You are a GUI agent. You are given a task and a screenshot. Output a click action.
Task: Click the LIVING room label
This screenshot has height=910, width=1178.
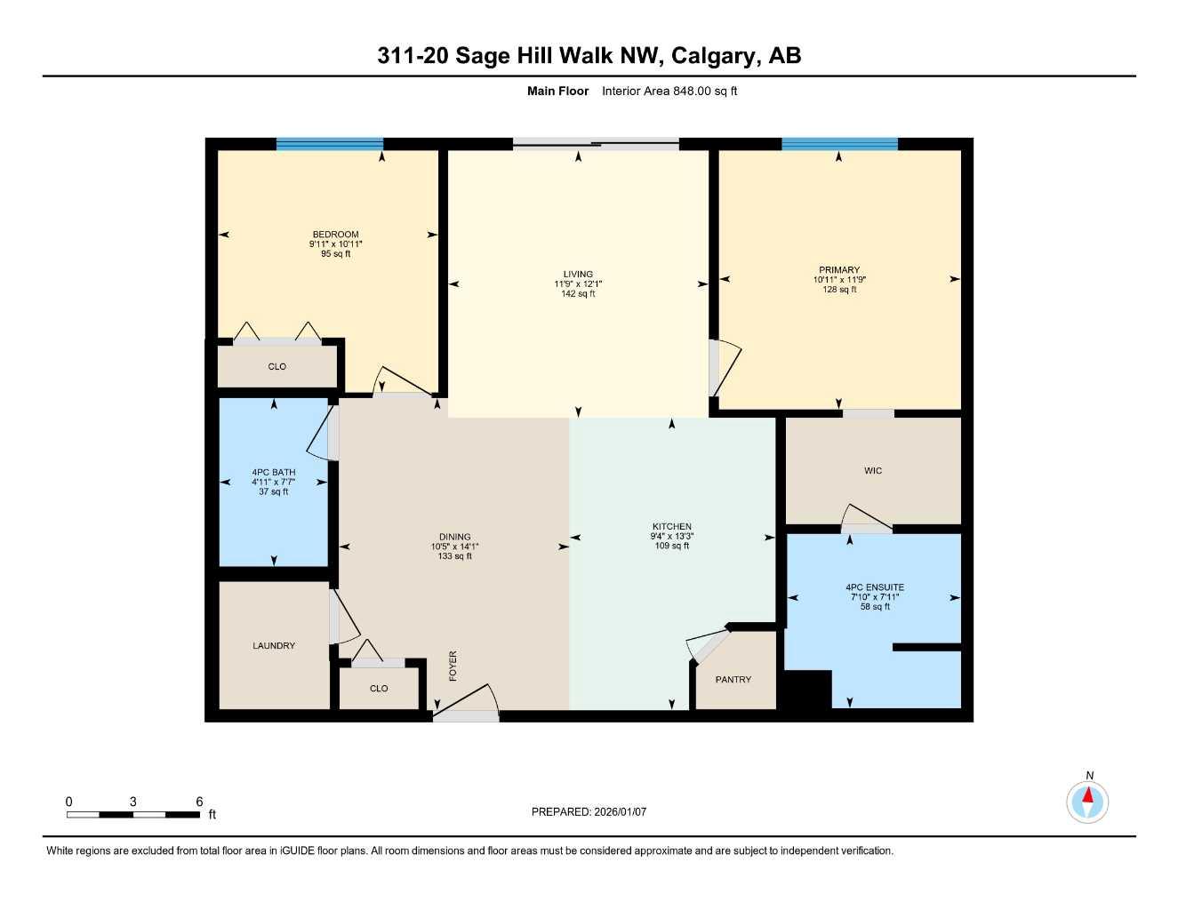(x=578, y=275)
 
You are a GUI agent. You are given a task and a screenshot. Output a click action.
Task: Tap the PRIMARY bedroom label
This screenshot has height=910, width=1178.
(x=839, y=270)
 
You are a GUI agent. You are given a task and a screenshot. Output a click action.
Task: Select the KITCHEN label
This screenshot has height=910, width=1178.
(x=671, y=527)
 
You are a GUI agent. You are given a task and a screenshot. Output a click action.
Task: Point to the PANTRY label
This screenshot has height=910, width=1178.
(x=733, y=680)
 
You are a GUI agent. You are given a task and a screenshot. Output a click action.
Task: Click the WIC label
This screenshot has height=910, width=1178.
(x=873, y=471)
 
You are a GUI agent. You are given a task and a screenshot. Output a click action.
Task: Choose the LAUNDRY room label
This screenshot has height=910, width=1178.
(x=274, y=646)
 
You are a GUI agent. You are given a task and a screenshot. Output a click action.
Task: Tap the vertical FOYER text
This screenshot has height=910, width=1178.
(x=453, y=666)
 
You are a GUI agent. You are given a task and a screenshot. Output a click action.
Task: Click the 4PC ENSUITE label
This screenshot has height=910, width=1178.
(x=875, y=587)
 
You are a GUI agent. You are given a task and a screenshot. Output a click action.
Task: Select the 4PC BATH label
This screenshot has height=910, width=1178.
(x=274, y=473)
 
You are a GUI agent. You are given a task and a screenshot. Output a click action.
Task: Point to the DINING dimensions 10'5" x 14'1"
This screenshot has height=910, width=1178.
(x=455, y=547)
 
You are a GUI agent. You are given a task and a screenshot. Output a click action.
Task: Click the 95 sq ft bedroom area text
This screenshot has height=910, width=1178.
(x=336, y=254)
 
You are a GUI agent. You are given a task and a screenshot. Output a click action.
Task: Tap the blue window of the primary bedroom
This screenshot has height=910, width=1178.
(x=839, y=144)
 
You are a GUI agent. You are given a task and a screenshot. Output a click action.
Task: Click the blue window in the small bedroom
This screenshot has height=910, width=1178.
(x=330, y=144)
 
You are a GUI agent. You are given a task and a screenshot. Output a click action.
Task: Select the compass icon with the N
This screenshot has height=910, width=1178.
(x=1087, y=802)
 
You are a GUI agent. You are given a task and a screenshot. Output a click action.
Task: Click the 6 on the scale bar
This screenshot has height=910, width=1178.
(x=199, y=802)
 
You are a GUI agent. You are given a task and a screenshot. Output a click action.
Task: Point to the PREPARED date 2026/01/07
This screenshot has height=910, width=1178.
(x=589, y=811)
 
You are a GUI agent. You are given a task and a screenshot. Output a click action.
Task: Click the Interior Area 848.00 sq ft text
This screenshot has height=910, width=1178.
(x=669, y=91)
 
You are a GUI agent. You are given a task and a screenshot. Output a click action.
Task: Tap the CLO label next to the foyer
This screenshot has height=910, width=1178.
(x=379, y=689)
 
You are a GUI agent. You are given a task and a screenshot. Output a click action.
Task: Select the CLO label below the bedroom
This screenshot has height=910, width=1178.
(x=277, y=367)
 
